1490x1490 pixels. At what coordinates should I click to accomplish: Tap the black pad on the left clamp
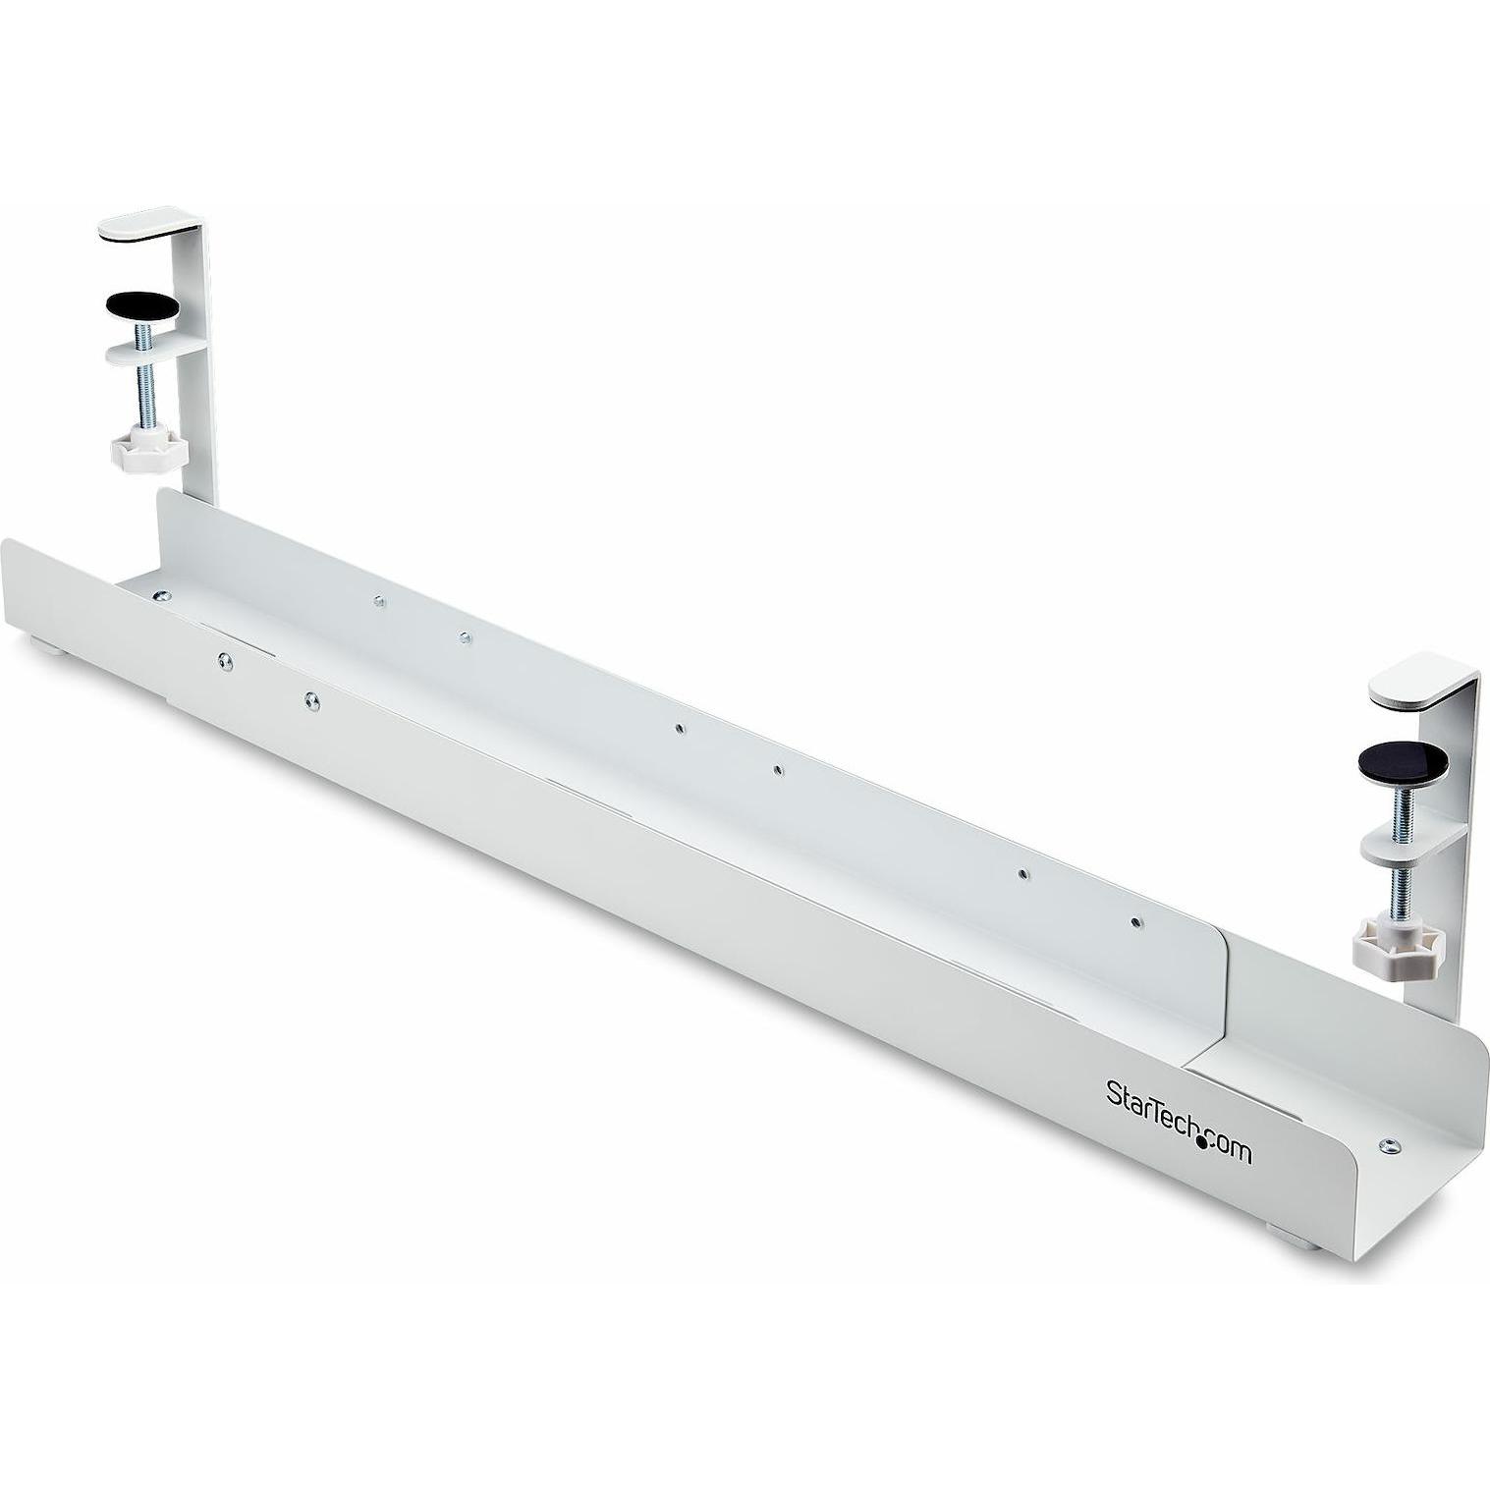[x=147, y=306]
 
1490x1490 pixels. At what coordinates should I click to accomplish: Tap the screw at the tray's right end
[x=1388, y=1144]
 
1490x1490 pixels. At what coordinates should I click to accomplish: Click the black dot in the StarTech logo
[x=1201, y=1140]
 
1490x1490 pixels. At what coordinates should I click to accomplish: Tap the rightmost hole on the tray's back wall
[x=1135, y=922]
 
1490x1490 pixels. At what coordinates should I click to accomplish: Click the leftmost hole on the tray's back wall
[x=377, y=600]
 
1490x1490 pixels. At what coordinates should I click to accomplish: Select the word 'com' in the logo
[x=1231, y=1148]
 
